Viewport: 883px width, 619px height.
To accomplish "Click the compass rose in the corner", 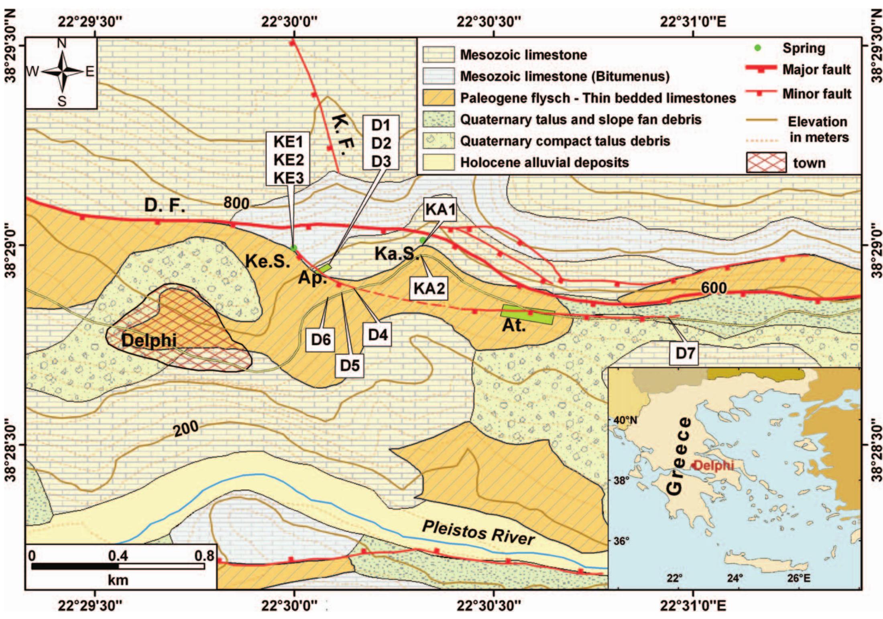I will coord(61,72).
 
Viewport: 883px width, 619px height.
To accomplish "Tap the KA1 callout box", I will coord(441,210).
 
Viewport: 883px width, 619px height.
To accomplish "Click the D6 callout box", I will coord(321,339).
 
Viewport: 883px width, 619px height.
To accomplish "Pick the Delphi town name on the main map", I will coord(149,340).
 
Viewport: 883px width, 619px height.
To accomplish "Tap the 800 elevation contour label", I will coord(236,203).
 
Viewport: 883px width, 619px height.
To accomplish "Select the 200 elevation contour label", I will coord(186,429).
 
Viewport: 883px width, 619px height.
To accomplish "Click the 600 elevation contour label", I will coord(714,287).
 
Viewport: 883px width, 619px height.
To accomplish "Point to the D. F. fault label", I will coord(165,206).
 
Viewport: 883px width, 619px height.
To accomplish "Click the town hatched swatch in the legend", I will coord(766,162).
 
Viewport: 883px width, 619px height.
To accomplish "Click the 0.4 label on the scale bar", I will coord(118,556).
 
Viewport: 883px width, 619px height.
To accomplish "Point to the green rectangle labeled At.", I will coord(528,315).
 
